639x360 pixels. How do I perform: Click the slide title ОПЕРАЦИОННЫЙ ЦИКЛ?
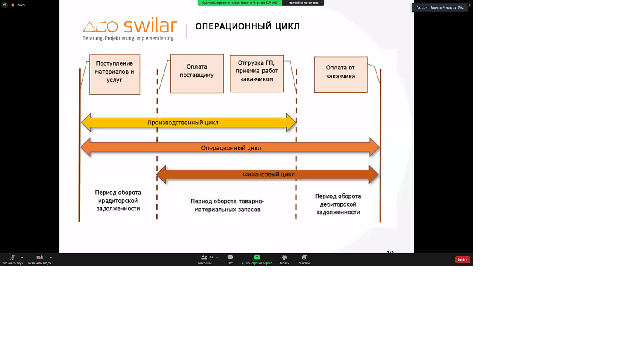point(247,26)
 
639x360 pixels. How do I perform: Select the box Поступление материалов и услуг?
point(115,74)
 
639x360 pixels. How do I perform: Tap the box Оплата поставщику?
point(197,73)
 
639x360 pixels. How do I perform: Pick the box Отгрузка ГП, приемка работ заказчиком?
point(257,73)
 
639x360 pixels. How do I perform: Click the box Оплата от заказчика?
point(340,75)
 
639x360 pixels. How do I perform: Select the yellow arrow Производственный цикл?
point(183,123)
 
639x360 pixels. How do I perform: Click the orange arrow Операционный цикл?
point(230,148)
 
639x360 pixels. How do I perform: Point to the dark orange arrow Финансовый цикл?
point(268,175)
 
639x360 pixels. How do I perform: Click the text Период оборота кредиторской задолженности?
point(118,200)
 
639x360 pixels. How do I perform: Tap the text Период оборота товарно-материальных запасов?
point(227,205)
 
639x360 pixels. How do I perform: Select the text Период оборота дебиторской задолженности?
point(338,204)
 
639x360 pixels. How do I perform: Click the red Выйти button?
point(462,259)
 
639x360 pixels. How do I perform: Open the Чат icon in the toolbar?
point(230,258)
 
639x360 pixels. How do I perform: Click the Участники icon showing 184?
point(204,258)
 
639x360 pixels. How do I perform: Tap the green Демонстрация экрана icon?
point(257,258)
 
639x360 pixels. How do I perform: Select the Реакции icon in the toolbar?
point(304,258)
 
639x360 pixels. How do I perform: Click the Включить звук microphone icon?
point(12,258)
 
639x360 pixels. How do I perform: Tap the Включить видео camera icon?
point(39,258)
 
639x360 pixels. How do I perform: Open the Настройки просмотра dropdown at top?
point(304,3)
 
